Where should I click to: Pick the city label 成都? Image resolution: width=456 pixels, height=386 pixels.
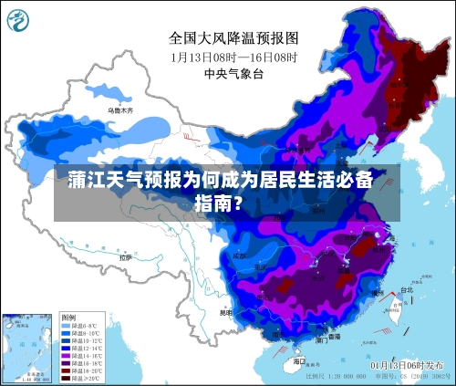click(x=239, y=256)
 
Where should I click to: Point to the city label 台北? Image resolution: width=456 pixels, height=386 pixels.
click(x=393, y=290)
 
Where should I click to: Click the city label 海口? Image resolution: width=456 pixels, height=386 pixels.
click(x=299, y=360)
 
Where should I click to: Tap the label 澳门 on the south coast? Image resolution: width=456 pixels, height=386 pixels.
click(x=321, y=339)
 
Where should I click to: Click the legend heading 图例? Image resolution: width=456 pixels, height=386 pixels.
click(x=68, y=317)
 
